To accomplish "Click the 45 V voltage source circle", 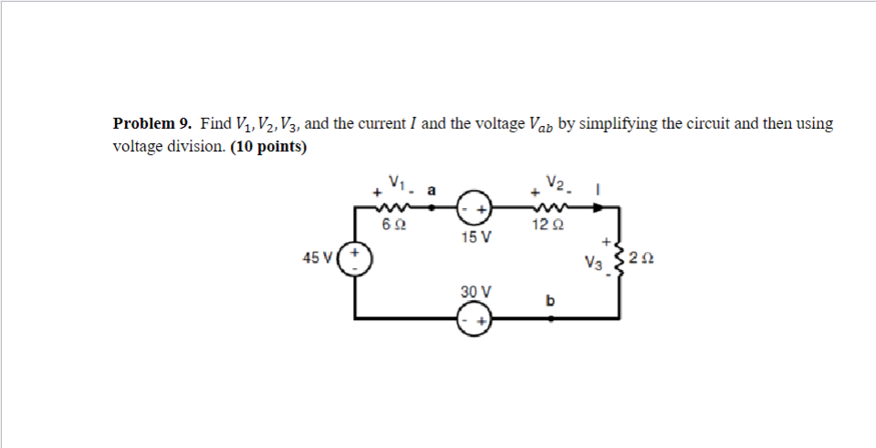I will tap(356, 257).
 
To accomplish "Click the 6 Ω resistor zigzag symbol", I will tap(395, 207).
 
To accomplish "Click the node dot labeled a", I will tap(432, 207).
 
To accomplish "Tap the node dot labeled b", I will tap(550, 318).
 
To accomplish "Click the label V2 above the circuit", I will tap(553, 181).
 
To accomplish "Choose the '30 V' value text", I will tap(475, 291).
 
